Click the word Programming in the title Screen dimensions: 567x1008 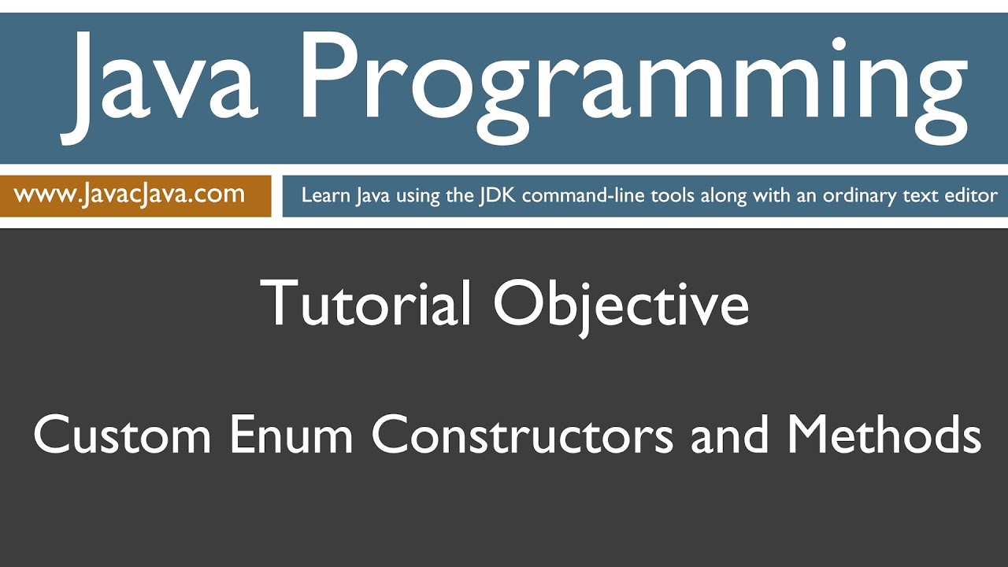click(x=631, y=83)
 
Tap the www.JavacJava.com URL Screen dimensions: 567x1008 click(x=129, y=195)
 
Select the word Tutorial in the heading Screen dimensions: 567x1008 click(x=367, y=304)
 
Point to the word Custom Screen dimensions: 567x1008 click(x=123, y=435)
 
